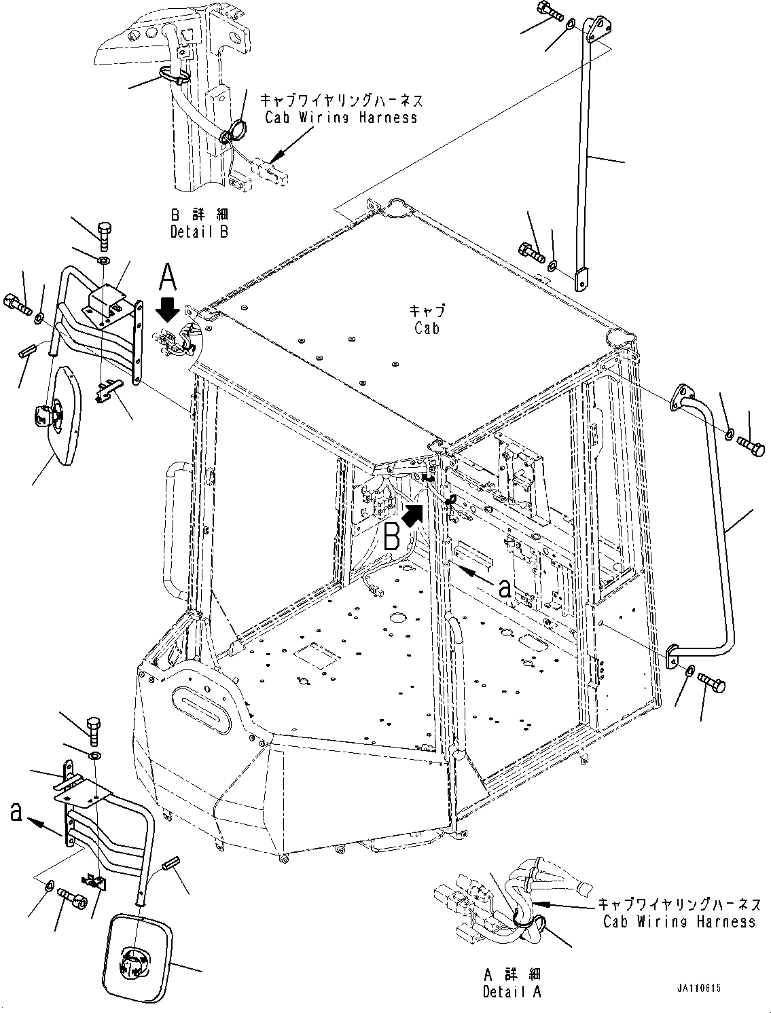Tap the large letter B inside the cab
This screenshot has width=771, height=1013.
click(392, 537)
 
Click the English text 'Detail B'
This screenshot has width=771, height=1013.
click(199, 231)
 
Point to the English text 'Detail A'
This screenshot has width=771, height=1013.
click(512, 992)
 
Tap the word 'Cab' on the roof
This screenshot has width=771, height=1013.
click(427, 328)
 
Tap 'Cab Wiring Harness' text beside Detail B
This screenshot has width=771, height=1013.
click(340, 117)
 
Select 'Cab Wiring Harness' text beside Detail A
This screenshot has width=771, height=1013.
click(679, 921)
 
